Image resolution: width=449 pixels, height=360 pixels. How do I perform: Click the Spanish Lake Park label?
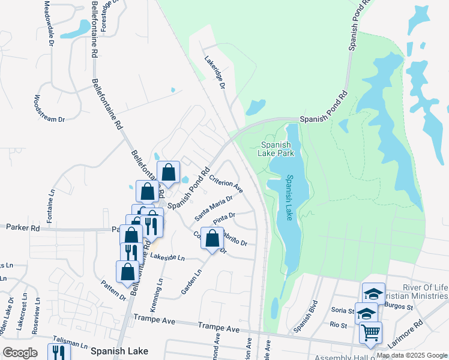(276, 149)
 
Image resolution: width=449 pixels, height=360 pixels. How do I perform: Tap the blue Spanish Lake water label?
(290, 197)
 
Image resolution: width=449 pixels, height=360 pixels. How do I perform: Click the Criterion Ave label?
(226, 184)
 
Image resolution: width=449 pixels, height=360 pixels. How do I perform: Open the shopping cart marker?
(370, 332)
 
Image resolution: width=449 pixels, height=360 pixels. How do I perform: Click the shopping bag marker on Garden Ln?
(212, 238)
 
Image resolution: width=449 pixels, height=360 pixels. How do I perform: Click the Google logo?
(20, 353)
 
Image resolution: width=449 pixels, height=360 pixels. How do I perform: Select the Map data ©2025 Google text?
(411, 355)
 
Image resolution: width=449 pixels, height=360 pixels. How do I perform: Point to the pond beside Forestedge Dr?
(76, 28)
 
